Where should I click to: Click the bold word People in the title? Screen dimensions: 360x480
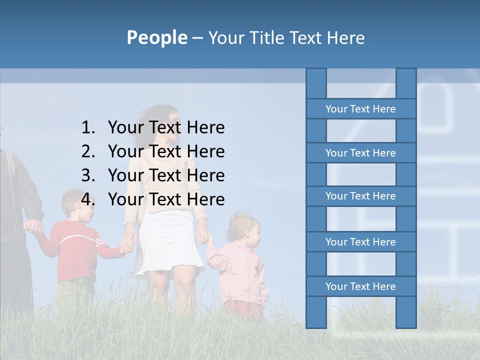click(156, 37)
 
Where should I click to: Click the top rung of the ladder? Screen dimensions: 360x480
click(360, 109)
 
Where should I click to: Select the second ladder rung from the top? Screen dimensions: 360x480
click(360, 153)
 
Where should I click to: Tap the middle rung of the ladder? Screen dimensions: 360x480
click(360, 196)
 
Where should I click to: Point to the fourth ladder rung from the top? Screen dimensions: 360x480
click(360, 242)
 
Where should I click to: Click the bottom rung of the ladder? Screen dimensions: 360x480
click(360, 286)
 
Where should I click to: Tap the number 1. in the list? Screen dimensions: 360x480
click(88, 127)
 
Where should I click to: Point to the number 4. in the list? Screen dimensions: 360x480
click(88, 199)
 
